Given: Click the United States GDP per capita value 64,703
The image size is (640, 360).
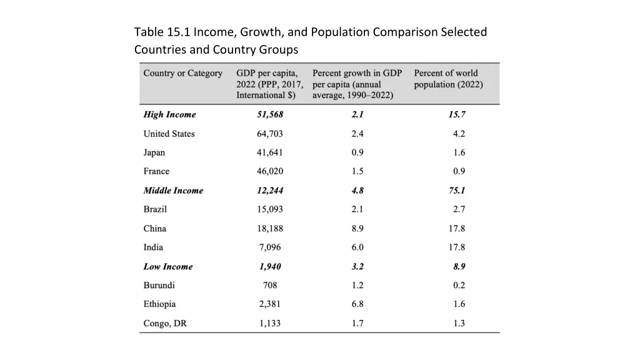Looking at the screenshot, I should [270, 134].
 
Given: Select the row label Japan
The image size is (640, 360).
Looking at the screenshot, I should [154, 152].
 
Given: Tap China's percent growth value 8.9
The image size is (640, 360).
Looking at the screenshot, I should [357, 229].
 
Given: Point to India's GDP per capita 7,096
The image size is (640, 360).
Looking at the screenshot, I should [270, 247].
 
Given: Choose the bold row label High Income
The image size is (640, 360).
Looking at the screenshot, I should [169, 114].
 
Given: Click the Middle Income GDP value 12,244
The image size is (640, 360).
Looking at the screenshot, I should [270, 191].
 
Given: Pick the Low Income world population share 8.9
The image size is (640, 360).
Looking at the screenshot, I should [459, 266].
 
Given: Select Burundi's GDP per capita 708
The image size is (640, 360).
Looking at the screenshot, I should [270, 286].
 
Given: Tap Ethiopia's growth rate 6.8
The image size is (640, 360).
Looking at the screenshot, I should [357, 304].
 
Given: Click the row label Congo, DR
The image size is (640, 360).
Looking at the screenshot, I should [165, 324].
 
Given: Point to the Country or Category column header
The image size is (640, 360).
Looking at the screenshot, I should [182, 73].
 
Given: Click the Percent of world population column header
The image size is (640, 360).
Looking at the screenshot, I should [448, 79].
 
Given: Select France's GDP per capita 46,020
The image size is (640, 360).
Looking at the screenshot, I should [270, 171].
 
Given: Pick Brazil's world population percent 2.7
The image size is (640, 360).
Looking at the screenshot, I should [459, 209].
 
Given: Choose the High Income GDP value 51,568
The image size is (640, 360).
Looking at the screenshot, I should [270, 114].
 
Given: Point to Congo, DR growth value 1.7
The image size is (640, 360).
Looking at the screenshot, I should [357, 324].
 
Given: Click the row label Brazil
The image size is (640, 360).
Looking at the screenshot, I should [155, 209].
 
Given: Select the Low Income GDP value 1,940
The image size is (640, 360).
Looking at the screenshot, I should [270, 266].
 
